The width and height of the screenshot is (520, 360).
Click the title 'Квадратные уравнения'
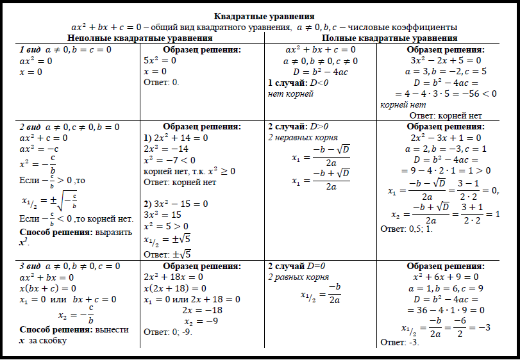pyautogui.click(x=264, y=16)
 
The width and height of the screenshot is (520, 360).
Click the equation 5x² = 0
pyautogui.click(x=160, y=60)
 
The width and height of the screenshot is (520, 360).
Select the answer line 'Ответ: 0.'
pyautogui.click(x=161, y=83)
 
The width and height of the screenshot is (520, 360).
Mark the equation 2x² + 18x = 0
pyautogui.click(x=174, y=277)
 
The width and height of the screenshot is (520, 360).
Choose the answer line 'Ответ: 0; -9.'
pyautogui.click(x=168, y=332)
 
